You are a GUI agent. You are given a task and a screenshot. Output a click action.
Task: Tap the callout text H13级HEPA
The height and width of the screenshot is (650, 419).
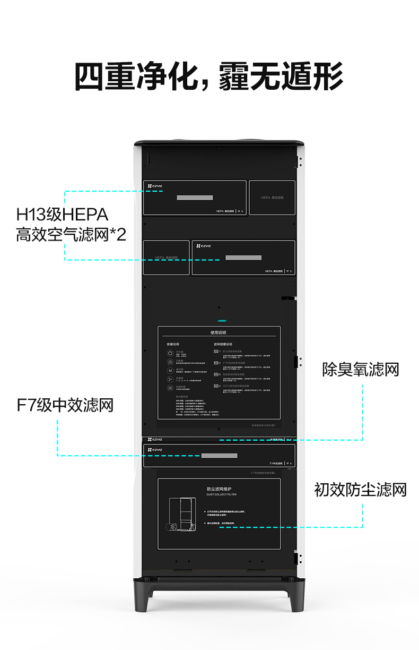pos(62,215)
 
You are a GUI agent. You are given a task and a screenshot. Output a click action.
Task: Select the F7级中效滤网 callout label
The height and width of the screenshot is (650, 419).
pos(65,406)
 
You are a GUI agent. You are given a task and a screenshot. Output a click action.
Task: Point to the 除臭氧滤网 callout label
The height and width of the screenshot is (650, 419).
pos(360,370)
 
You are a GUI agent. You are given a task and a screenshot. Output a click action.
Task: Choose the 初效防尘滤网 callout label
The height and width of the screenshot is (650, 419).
pos(360,490)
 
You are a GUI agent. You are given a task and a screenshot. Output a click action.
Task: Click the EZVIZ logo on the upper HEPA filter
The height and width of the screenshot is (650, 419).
pos(154,186)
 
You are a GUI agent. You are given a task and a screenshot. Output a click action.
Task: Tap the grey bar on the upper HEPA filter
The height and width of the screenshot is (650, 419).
pos(195,198)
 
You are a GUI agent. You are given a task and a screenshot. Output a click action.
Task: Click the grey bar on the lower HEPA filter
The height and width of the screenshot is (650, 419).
pos(243,258)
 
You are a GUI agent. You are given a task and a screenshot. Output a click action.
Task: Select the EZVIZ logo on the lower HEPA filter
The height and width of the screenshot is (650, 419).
pos(203,246)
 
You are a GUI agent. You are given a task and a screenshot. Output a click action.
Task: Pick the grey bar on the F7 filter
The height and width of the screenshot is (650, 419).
pos(219,455)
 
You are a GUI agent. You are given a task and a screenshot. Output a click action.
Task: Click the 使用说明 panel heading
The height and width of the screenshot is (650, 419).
pos(219,332)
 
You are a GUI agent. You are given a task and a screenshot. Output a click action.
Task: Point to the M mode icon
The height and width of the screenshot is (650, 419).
pos(170,370)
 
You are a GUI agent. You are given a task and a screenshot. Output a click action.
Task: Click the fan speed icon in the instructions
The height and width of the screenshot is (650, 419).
pos(170,379)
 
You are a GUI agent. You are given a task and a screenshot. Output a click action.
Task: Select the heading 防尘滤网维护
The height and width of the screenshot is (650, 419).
pos(219,489)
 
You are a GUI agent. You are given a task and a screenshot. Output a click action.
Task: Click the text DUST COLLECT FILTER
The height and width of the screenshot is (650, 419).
pos(221,494)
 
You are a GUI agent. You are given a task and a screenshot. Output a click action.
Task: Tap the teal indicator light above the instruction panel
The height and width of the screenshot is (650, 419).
pos(222,321)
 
